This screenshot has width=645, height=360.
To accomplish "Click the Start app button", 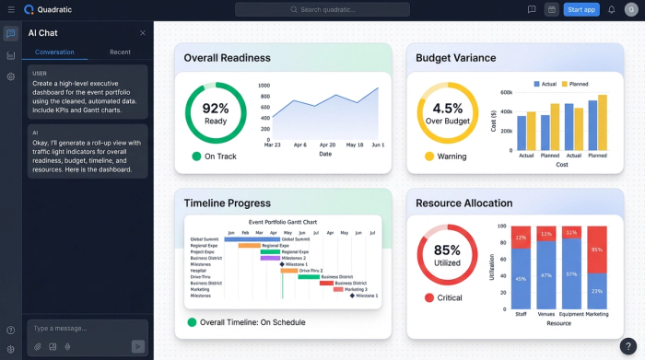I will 581,9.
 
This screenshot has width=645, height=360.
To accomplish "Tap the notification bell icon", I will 612,9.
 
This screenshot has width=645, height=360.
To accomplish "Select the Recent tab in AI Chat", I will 120,52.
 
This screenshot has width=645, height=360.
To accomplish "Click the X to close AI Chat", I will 143,33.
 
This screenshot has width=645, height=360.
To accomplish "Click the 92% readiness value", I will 215,109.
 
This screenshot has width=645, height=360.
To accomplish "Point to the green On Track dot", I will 196,157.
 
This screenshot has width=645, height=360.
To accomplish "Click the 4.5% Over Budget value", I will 448,109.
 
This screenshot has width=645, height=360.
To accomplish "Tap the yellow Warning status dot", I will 429,157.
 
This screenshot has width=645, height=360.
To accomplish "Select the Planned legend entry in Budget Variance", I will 576,84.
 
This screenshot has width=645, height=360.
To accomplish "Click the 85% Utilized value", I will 447,250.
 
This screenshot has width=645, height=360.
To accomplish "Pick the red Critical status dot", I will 429,297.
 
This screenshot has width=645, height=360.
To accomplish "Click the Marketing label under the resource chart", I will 597,315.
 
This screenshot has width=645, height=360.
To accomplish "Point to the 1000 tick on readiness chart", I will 264,85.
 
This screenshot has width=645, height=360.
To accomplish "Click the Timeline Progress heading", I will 227,203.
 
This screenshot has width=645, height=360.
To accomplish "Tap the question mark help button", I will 627,346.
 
